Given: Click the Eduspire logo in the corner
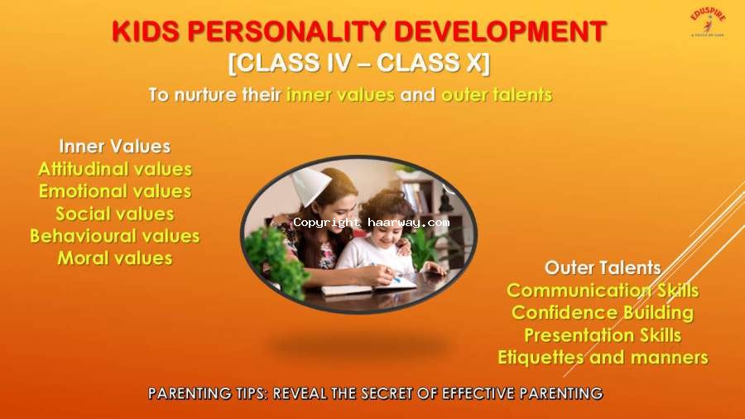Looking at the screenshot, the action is pyautogui.click(x=708, y=23).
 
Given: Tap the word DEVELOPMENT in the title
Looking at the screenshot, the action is pyautogui.click(x=500, y=31).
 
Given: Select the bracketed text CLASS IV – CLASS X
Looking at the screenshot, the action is pyautogui.click(x=359, y=63).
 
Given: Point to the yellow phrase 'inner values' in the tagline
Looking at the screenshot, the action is pyautogui.click(x=340, y=94).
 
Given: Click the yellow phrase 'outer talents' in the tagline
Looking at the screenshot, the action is pyautogui.click(x=497, y=94).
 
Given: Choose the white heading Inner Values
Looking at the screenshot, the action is pyautogui.click(x=114, y=147).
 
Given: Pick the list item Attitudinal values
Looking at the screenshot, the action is pyautogui.click(x=115, y=169).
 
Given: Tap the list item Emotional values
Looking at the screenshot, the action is pyautogui.click(x=115, y=191).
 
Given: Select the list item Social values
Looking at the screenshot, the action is pyautogui.click(x=115, y=214).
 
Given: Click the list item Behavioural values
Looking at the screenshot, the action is pyautogui.click(x=115, y=236).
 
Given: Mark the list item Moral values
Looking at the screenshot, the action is pyautogui.click(x=115, y=258).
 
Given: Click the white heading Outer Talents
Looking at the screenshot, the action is pyautogui.click(x=603, y=268).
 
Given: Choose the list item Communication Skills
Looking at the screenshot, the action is pyautogui.click(x=603, y=291).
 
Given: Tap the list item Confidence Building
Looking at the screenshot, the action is pyautogui.click(x=603, y=313).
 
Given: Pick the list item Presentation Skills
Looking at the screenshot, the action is pyautogui.click(x=603, y=335).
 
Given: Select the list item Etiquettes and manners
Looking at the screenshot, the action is pyautogui.click(x=603, y=358).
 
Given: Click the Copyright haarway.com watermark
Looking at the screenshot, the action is pyautogui.click(x=372, y=223).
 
